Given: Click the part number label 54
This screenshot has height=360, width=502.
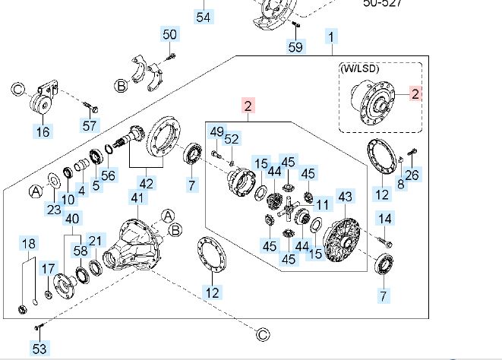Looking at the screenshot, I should tap(203, 16).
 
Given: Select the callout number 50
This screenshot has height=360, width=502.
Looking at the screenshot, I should tap(170, 34).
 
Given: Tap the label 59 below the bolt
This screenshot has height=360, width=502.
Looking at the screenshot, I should tap(295, 47).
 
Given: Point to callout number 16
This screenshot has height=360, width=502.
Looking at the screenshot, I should tap(43, 132).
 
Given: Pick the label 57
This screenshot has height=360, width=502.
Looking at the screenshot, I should tap(90, 126).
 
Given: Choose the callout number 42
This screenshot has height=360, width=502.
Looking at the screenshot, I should tap(146, 183).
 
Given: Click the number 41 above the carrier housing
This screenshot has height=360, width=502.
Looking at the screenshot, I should tap(137, 198).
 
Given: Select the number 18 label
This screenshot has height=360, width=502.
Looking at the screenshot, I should tap(28, 244).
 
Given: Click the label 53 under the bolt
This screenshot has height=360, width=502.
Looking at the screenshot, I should tap(39, 349).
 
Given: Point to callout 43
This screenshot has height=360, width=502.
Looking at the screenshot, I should tap(345, 197).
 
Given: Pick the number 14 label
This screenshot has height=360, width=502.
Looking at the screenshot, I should tap(385, 219).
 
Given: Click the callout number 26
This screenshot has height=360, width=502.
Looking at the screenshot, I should tap(412, 175).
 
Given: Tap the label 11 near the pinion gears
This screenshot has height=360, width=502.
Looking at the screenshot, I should tap(324, 204).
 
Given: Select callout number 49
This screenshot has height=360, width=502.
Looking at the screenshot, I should tap(217, 131).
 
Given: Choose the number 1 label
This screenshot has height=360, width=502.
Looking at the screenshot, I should tap(332, 35).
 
